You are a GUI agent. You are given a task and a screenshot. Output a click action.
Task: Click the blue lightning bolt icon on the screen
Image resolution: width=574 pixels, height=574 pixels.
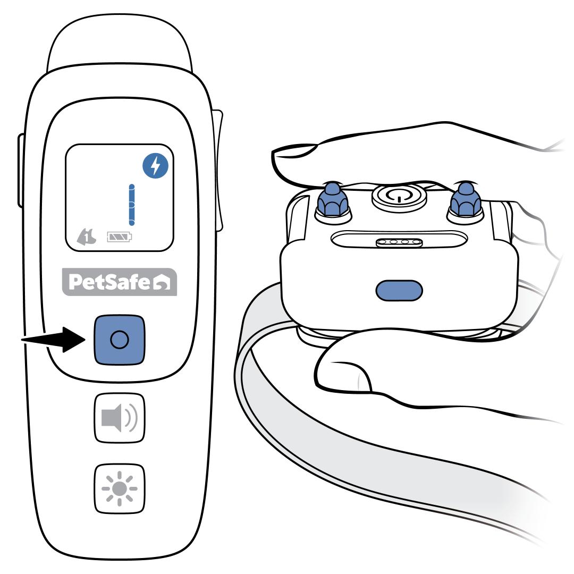[x=156, y=166]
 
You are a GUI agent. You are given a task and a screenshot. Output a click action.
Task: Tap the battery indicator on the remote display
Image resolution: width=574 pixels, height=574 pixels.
[x=120, y=237]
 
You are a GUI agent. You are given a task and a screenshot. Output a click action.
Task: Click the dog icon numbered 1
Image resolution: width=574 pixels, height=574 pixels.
[x=87, y=237]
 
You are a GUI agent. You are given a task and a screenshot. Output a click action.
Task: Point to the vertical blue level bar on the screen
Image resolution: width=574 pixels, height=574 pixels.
[x=132, y=205]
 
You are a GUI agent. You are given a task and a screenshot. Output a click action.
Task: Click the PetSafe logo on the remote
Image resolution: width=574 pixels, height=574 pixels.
[x=120, y=282]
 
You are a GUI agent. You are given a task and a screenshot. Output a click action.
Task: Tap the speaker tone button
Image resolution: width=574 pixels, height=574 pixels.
[x=120, y=418]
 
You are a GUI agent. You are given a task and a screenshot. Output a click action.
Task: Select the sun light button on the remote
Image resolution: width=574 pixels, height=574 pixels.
[x=120, y=488]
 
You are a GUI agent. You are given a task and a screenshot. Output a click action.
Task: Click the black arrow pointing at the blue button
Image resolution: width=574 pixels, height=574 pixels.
[x=54, y=340]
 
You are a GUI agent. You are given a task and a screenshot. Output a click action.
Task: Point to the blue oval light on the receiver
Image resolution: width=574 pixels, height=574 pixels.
[x=399, y=291]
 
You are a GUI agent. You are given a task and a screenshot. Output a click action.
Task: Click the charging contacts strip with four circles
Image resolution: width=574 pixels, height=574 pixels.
[x=399, y=242]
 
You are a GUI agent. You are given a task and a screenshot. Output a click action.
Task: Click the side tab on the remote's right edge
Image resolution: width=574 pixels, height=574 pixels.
[x=218, y=171]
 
